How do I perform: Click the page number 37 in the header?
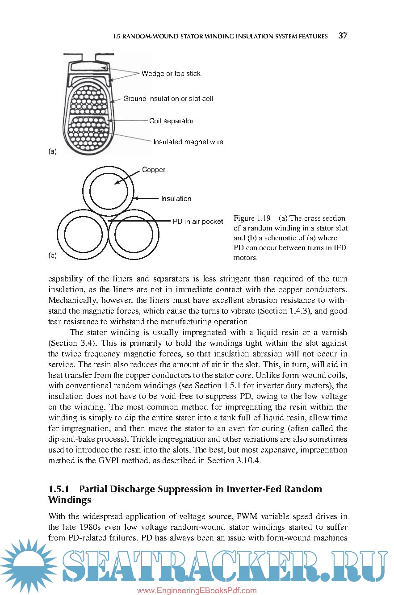point(343,36)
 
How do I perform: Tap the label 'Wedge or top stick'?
point(171,74)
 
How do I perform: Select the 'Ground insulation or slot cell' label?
point(168,99)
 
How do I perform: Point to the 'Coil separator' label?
point(171,121)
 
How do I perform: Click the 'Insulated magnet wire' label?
point(188,142)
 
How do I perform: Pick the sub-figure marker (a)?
point(52,151)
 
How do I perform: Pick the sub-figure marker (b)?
point(52,256)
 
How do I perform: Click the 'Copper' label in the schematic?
point(154,170)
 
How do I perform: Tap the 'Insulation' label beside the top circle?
point(176,199)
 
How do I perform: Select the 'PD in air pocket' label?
point(198,222)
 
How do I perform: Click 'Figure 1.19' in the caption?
point(252,218)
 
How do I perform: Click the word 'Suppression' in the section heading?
point(184,489)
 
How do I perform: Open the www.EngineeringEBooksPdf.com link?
point(197,591)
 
